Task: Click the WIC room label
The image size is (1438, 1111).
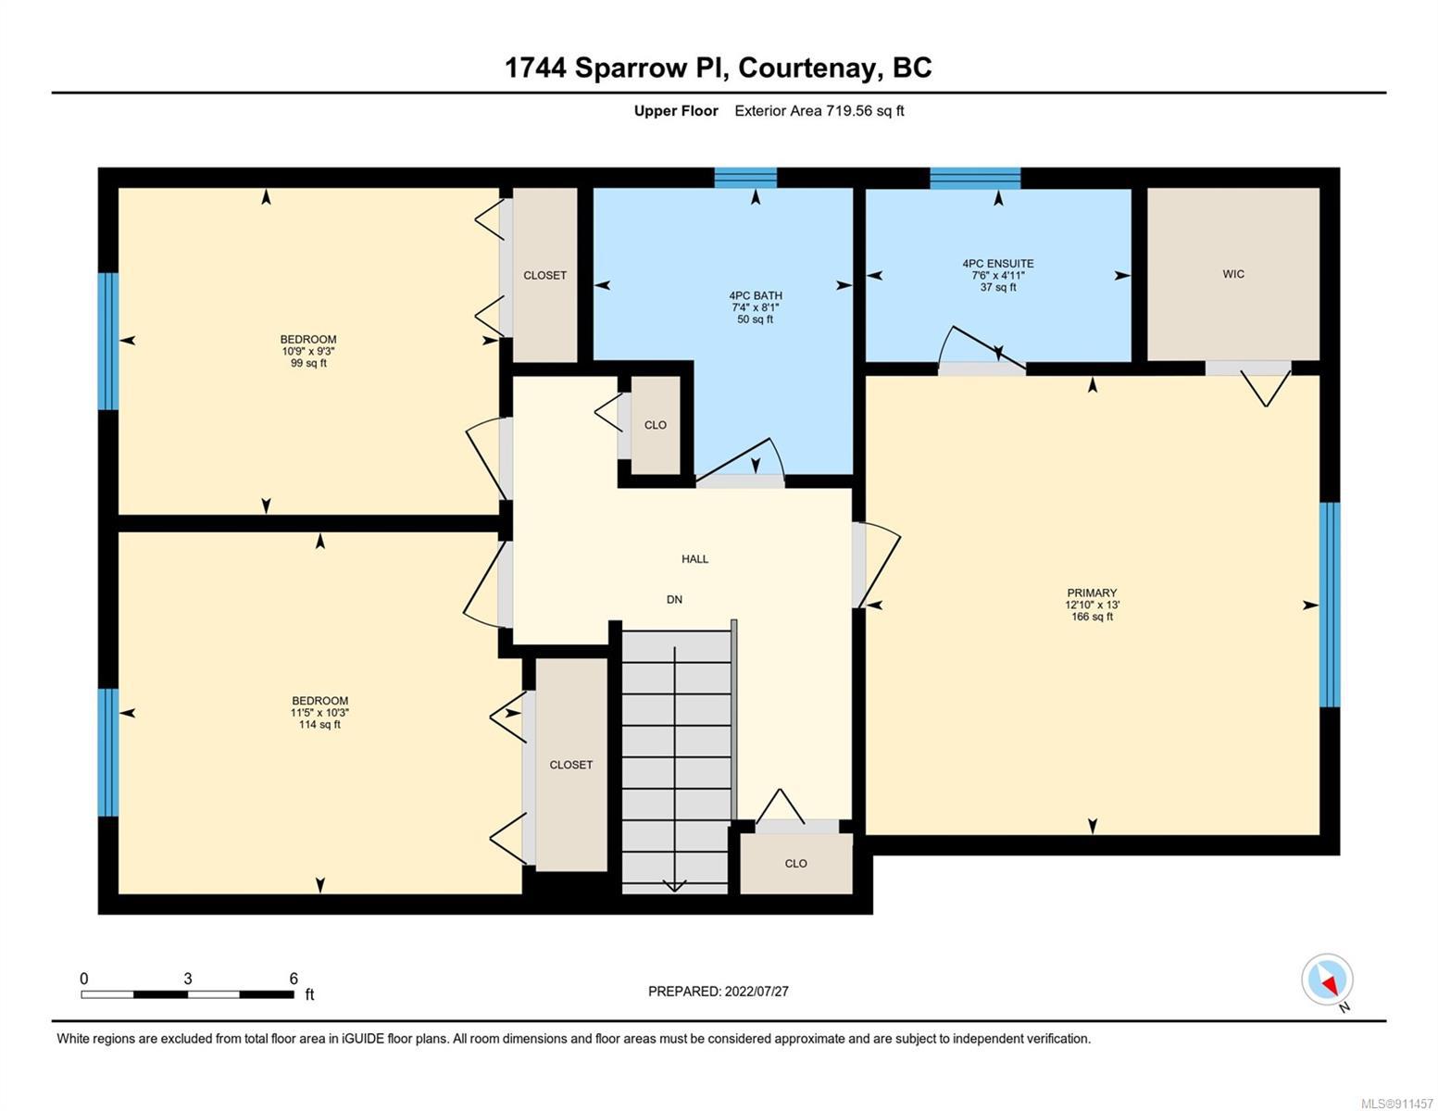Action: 1232,274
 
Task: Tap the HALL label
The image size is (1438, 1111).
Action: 694,559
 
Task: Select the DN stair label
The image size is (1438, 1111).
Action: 674,600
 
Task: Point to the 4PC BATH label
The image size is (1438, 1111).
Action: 756,295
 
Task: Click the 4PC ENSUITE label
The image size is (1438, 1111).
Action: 998,263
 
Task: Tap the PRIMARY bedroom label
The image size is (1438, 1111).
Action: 1092,593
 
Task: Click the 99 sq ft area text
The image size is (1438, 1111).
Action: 308,363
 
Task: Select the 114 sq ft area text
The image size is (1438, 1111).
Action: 319,725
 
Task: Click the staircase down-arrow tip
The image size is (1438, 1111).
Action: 674,891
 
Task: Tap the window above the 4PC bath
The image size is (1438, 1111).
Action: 745,178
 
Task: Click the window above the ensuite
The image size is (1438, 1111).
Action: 975,178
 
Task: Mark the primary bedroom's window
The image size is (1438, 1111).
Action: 1330,605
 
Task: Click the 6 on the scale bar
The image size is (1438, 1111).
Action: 294,978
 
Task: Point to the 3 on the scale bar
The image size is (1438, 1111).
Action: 188,978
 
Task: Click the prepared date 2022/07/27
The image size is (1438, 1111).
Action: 757,992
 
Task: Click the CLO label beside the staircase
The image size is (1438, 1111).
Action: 795,864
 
